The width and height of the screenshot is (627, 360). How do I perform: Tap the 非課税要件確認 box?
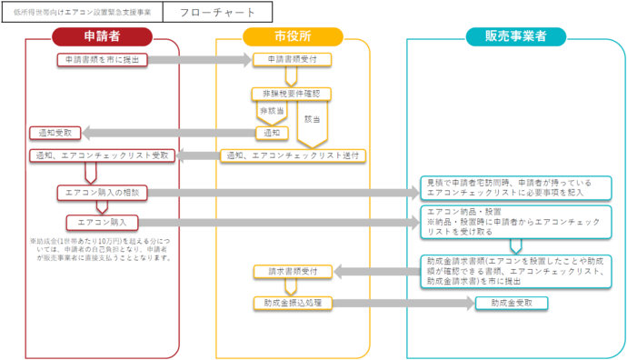pyautogui.click(x=292, y=94)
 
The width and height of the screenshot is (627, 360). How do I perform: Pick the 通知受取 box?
pyautogui.click(x=56, y=133)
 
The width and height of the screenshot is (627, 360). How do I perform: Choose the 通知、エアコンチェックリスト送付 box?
pyautogui.click(x=293, y=155)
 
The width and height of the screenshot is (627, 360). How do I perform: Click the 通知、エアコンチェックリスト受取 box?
pyautogui.click(x=100, y=155)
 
